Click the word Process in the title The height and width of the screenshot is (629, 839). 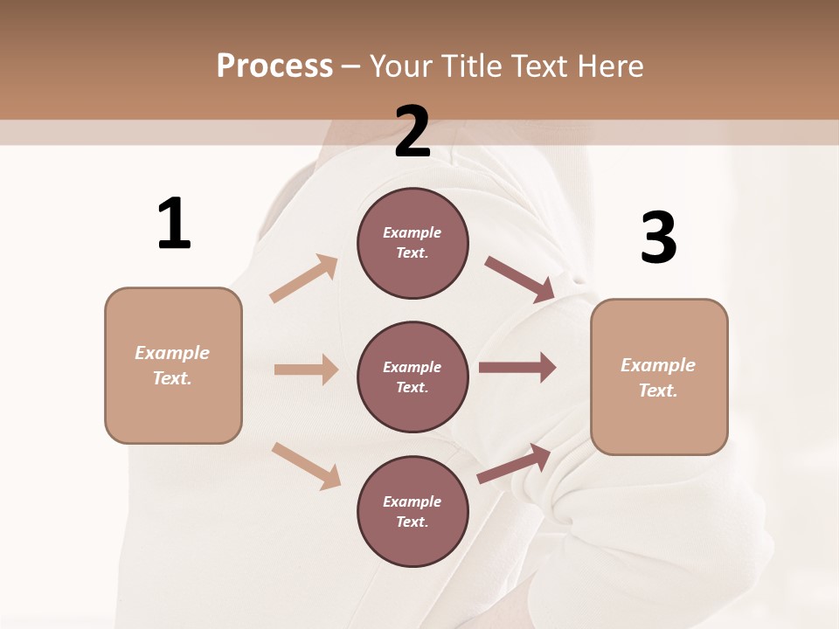click(274, 66)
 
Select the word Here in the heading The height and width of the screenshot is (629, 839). click(609, 66)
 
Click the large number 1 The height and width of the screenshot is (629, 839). click(174, 223)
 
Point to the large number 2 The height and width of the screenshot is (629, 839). click(413, 132)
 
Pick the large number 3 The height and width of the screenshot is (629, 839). click(658, 238)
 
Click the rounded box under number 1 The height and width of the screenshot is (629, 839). click(173, 365)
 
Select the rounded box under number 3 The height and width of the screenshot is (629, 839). click(659, 377)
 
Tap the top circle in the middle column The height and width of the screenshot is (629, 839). click(413, 243)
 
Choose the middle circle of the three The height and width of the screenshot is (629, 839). click(413, 377)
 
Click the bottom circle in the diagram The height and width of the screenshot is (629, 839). click(413, 511)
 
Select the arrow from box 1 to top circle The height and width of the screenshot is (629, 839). click(304, 279)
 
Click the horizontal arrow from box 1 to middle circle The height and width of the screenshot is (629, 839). click(306, 370)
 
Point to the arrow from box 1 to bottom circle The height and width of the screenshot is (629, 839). click(306, 465)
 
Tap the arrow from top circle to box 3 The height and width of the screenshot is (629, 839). click(520, 280)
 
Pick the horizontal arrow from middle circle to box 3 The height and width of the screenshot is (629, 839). click(517, 368)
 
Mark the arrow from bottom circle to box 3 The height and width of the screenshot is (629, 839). click(514, 463)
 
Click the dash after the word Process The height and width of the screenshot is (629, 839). click(350, 66)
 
